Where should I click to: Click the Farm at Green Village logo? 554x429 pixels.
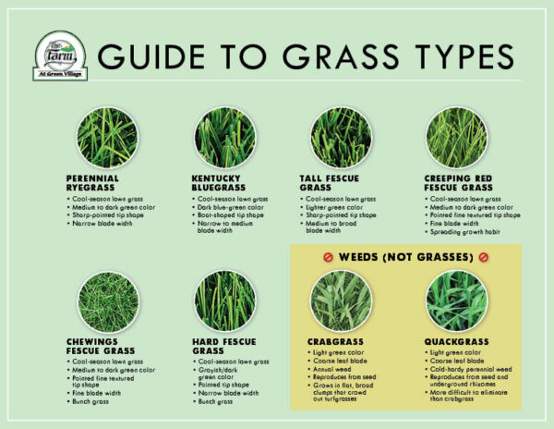click(x=60, y=56)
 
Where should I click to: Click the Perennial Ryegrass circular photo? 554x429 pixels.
click(x=107, y=138)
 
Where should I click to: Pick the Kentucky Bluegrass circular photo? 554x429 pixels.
click(x=224, y=138)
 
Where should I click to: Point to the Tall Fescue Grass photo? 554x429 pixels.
click(x=340, y=138)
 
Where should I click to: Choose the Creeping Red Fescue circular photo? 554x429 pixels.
click(x=456, y=138)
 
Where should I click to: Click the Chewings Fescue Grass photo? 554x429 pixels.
click(x=107, y=301)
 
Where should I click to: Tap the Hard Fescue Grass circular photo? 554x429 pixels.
click(x=224, y=301)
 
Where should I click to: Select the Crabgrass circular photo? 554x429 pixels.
click(x=340, y=301)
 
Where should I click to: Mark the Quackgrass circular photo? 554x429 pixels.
click(x=456, y=301)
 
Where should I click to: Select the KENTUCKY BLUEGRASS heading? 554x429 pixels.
click(x=222, y=183)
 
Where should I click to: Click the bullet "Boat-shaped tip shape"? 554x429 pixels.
click(x=234, y=215)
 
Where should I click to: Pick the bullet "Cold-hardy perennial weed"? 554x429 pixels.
click(x=466, y=368)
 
